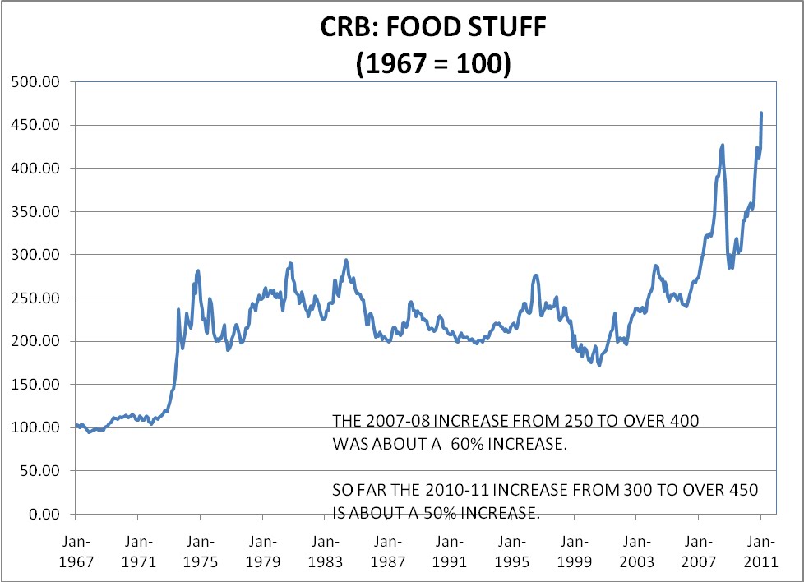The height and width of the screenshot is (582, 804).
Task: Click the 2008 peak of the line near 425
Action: [723, 145]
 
